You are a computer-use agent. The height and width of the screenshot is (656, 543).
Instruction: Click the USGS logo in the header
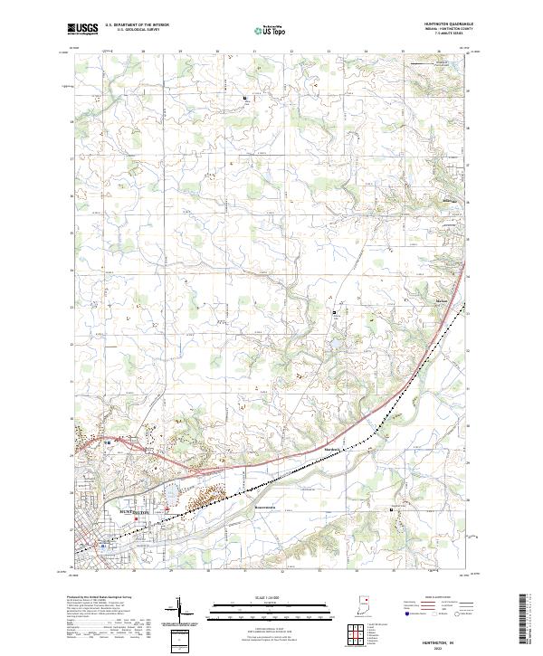click(x=83, y=29)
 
